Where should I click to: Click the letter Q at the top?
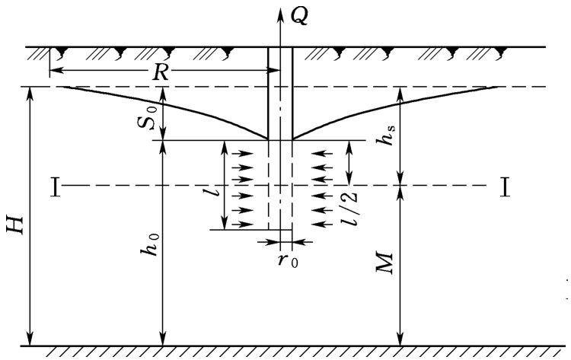299,16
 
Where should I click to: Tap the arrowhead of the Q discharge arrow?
280,12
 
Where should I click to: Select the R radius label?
161,72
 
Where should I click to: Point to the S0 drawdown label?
148,117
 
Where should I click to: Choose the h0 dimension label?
151,244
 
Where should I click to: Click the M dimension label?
384,263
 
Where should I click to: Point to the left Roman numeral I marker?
55,186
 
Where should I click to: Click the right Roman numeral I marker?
504,186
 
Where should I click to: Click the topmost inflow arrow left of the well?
242,154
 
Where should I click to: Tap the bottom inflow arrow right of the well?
323,224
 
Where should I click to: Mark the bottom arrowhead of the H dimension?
30,339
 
